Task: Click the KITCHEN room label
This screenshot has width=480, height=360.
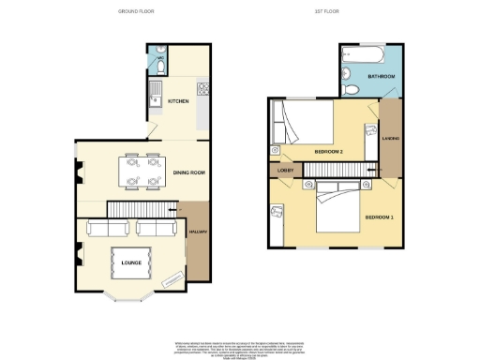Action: pos(178,100)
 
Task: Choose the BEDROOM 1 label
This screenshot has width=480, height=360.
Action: pos(380,217)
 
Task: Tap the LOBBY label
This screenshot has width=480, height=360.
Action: pos(287,171)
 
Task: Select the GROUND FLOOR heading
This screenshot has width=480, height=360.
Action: pos(137,11)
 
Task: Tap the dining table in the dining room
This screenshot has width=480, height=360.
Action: pos(140,172)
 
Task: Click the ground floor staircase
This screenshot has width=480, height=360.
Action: pos(142,207)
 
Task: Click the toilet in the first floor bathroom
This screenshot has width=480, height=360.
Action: pos(350,89)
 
